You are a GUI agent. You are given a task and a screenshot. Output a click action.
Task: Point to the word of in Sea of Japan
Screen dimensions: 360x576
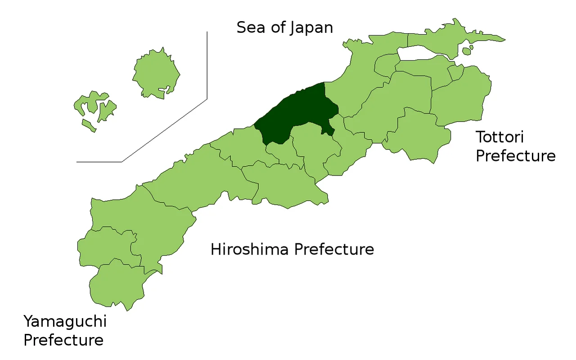pos(279,27)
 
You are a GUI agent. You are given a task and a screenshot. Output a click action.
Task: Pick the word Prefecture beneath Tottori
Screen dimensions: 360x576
pos(516,156)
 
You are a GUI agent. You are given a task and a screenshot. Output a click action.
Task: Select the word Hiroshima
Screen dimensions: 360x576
pos(249,249)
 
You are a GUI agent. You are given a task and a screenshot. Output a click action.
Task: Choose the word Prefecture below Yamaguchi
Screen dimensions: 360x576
pos(63,340)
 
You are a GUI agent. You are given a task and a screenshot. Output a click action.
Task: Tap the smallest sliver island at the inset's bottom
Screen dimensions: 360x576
pos(89,126)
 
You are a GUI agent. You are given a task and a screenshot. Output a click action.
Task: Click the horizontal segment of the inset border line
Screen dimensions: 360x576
pos(99,162)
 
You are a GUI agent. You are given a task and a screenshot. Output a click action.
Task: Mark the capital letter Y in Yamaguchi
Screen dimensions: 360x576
pos(29,321)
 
